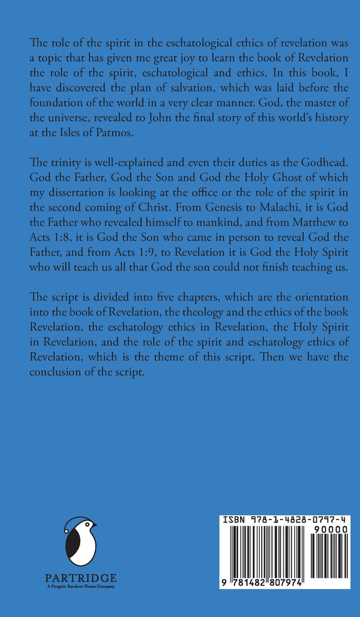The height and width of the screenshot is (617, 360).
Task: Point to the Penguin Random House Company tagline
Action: click(x=80, y=585)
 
